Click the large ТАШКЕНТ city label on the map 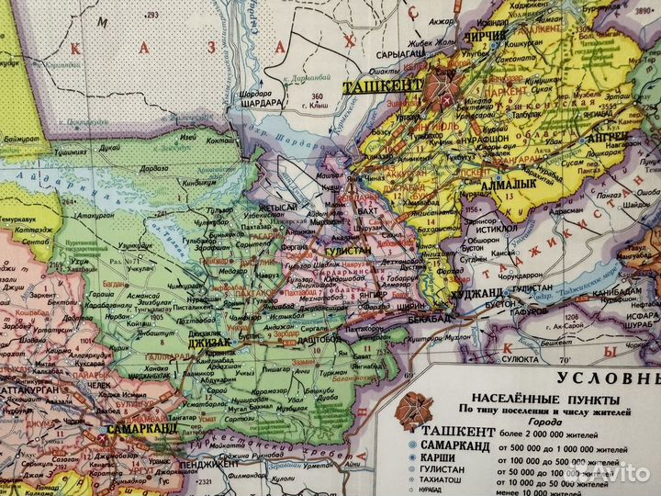pyautogui.click(x=381, y=87)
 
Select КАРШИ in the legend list pyautogui.click(x=443, y=459)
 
